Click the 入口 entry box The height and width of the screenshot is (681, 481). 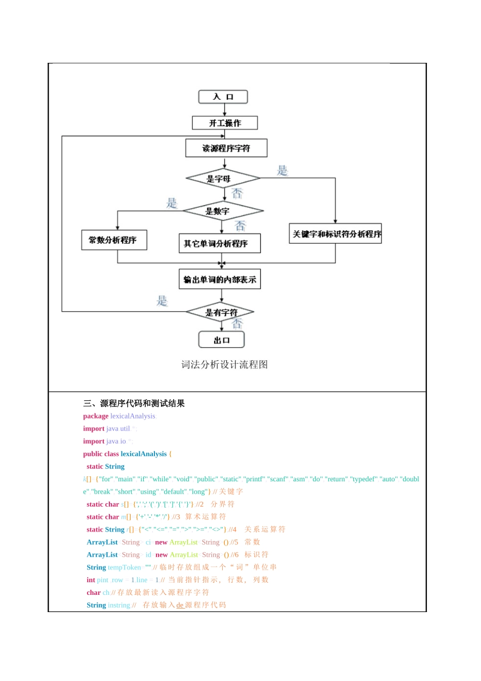[x=223, y=97]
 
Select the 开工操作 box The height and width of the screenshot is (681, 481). [x=225, y=123]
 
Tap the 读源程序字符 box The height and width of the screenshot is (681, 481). [x=226, y=148]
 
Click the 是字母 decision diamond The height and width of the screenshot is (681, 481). [x=223, y=178]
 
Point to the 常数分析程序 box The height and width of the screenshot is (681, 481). [x=114, y=240]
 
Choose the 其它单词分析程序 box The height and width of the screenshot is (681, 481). [x=219, y=243]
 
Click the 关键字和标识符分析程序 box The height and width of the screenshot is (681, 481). [x=335, y=234]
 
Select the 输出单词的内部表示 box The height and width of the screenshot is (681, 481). [x=220, y=279]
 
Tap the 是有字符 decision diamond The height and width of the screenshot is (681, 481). [x=220, y=312]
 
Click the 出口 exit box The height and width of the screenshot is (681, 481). [x=221, y=340]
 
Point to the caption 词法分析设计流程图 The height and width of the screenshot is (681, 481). [x=224, y=364]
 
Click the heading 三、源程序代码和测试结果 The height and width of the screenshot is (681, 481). [x=134, y=403]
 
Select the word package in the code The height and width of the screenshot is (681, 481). [x=96, y=416]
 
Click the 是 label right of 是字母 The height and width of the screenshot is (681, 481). [x=282, y=171]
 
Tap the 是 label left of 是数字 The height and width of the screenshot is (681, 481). [x=172, y=203]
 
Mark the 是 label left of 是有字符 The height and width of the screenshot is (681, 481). [x=162, y=301]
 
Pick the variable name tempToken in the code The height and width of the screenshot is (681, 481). [x=125, y=567]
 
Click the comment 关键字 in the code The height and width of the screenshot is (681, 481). [x=231, y=491]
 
